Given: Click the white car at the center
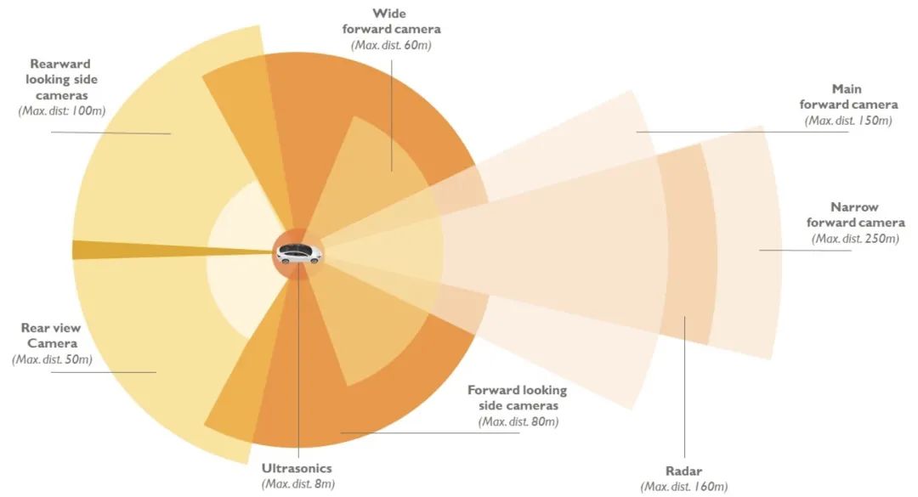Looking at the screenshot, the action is (x=299, y=253).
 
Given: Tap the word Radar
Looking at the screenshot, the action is (x=683, y=471).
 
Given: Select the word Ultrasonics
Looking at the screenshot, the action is (x=297, y=468).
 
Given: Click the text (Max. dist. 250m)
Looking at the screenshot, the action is (x=855, y=238).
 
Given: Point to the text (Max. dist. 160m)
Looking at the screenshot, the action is (x=683, y=487).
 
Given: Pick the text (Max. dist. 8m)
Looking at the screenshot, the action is (x=298, y=483).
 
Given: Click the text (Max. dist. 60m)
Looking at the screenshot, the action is (x=391, y=45).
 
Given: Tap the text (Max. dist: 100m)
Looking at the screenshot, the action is (x=61, y=110).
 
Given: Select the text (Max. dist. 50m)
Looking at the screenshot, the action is (x=52, y=359).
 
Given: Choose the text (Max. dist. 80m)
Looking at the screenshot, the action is (x=518, y=421).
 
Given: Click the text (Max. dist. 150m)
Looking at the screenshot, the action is (x=847, y=120).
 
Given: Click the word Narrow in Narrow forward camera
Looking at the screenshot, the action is (x=854, y=206).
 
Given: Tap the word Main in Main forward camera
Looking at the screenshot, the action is (x=847, y=89).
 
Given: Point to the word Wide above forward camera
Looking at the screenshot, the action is (x=389, y=14).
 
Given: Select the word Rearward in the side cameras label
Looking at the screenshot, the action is (x=60, y=63).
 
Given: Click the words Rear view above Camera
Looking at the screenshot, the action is (x=51, y=328).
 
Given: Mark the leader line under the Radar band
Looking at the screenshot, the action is (x=684, y=387).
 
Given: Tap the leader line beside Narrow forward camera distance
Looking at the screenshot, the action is (x=805, y=251).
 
